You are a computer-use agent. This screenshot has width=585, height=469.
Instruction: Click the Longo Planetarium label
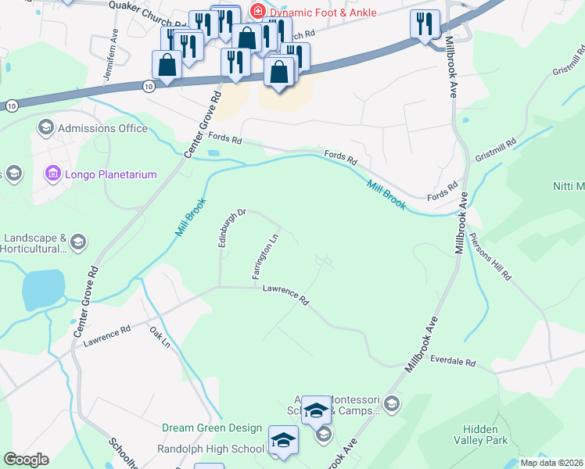click(112, 174)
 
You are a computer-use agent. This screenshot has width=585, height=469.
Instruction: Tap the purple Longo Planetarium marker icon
click(53, 173)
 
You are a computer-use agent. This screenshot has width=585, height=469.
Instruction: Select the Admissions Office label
click(104, 128)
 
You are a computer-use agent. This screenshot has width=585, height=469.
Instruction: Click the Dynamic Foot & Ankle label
click(323, 13)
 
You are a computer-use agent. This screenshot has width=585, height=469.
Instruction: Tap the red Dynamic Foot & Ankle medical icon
click(256, 12)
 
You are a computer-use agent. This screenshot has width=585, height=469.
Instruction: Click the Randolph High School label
click(211, 449)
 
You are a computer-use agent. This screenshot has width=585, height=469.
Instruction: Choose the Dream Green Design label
click(212, 428)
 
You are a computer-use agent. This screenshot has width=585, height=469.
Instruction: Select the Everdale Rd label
click(453, 363)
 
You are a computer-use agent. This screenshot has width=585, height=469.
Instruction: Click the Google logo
click(26, 460)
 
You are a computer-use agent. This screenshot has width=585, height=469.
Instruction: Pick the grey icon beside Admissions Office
click(45, 127)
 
